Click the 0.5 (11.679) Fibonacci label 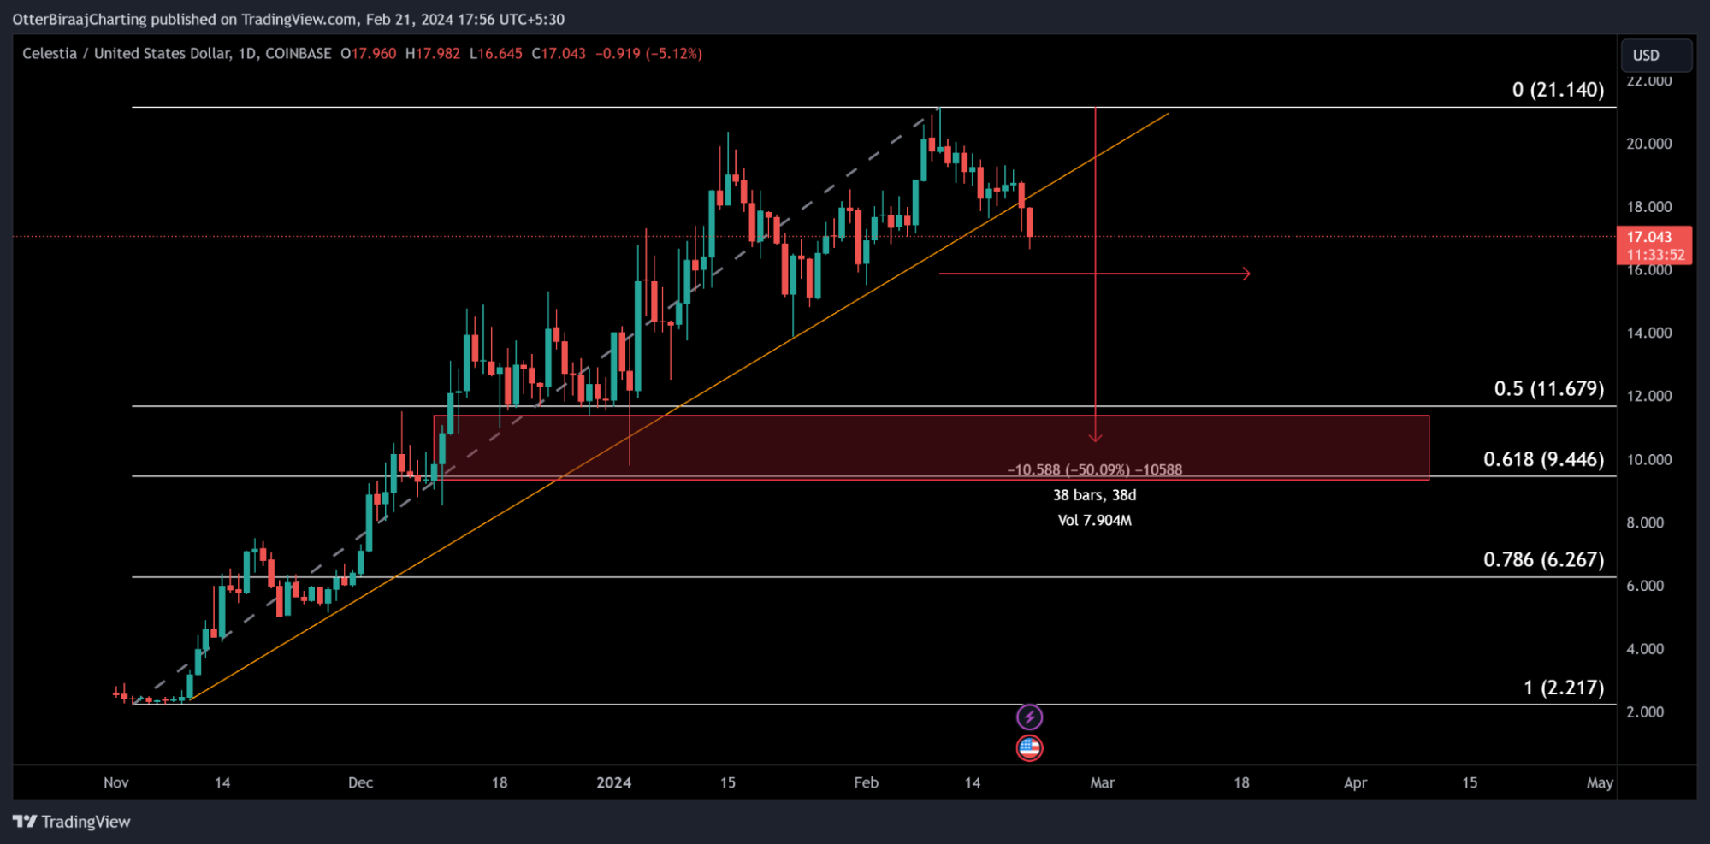click(x=1548, y=389)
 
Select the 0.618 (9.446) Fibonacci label click(x=1543, y=460)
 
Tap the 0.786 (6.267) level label click(x=1543, y=560)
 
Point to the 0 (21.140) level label click(x=1558, y=90)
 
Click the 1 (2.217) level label click(x=1564, y=688)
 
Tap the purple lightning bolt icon click(x=1029, y=717)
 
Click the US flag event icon click(x=1029, y=748)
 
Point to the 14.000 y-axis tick click(x=1648, y=333)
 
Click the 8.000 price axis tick click(x=1645, y=522)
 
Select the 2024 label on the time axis click(x=613, y=782)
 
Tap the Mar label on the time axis click(x=1102, y=782)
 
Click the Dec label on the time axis click(x=360, y=782)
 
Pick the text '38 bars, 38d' click(x=1094, y=495)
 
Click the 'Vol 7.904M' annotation click(x=1094, y=521)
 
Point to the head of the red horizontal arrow click(x=1247, y=274)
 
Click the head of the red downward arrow click(x=1095, y=438)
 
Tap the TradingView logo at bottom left click(x=72, y=822)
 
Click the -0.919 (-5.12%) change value click(x=648, y=54)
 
